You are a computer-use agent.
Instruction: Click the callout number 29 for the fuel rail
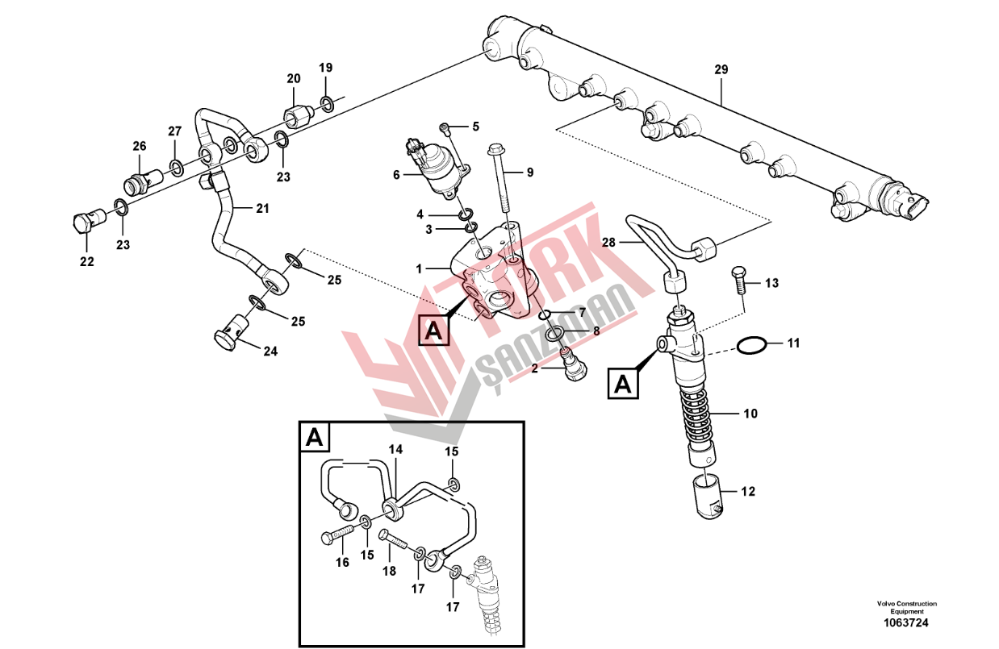point(721,69)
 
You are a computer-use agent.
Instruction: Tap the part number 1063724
point(907,622)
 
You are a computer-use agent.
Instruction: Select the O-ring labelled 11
point(752,345)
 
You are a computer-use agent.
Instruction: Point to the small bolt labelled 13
point(738,280)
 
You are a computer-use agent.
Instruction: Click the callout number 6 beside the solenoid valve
point(396,175)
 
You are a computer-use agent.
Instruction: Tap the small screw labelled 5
point(445,128)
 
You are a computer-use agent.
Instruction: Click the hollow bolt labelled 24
point(232,333)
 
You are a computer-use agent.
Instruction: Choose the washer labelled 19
point(327,104)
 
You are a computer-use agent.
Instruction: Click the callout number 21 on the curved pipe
point(262,208)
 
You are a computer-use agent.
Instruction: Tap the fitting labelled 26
point(142,179)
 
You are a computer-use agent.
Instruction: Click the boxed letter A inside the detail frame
point(315,438)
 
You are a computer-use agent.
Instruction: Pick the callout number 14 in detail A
point(395,449)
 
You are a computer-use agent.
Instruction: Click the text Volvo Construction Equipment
point(907,608)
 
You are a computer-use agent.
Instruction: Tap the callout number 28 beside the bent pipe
point(608,243)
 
